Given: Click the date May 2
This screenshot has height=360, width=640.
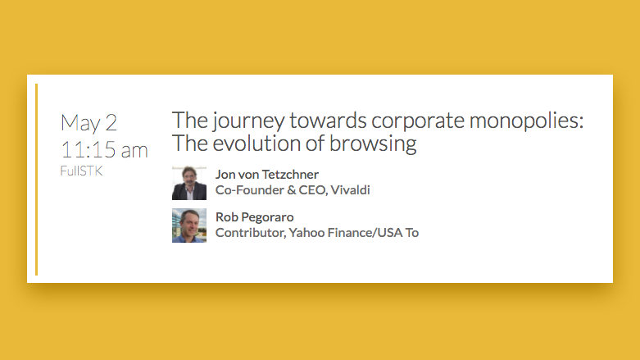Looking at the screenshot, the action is (89, 123).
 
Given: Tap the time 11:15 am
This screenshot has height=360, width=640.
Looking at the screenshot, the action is (104, 150).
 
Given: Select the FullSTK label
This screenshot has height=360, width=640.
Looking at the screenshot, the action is (81, 171).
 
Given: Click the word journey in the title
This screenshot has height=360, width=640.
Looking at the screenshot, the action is (248, 121).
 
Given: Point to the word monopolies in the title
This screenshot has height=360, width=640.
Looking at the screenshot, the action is (527, 121).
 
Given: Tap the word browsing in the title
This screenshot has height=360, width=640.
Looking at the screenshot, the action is (373, 144).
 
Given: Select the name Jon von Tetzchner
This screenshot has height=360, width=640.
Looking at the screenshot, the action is (267, 175).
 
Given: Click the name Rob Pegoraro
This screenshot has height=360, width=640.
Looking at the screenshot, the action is (255, 217).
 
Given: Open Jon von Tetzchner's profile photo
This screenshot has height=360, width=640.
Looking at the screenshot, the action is (189, 183).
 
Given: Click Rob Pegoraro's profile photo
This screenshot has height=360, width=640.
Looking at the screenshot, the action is (189, 226).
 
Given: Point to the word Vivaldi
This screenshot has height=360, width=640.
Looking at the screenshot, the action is (350, 190).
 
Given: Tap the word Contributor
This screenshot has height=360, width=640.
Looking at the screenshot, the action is (251, 233).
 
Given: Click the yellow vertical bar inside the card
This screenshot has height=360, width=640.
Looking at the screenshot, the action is (37, 180).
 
